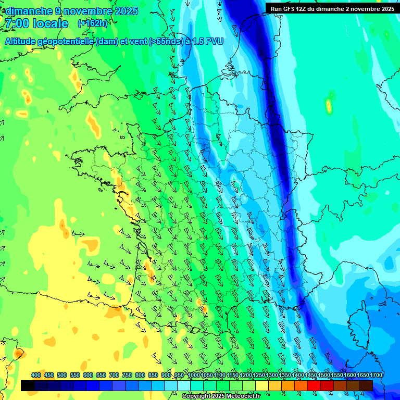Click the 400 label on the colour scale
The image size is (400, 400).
click(36, 375)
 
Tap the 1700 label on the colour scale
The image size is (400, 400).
click(376, 375)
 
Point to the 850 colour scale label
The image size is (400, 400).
click(153, 375)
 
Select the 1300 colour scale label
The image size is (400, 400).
click(271, 375)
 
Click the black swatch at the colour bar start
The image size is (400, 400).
click(28, 385)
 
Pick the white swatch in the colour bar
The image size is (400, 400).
click(184, 385)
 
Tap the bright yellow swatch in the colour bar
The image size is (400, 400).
click(262, 385)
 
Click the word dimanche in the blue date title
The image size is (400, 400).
click(29, 11)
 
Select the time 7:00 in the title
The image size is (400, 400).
click(17, 23)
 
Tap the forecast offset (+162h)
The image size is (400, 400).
click(92, 23)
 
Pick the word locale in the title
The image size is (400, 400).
click(50, 23)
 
